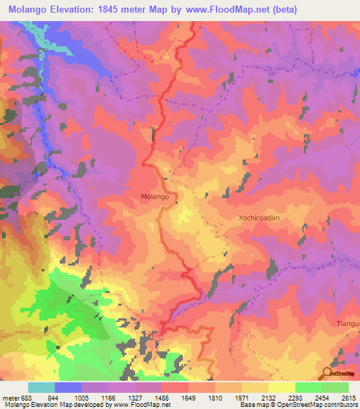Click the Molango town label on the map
point(155,197)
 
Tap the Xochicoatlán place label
point(255,219)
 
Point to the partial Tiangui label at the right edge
point(347,323)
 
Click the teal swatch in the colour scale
point(41,387)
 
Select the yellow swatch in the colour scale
point(281,387)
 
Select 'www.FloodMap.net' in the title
point(227,10)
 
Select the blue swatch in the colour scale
point(68,387)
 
